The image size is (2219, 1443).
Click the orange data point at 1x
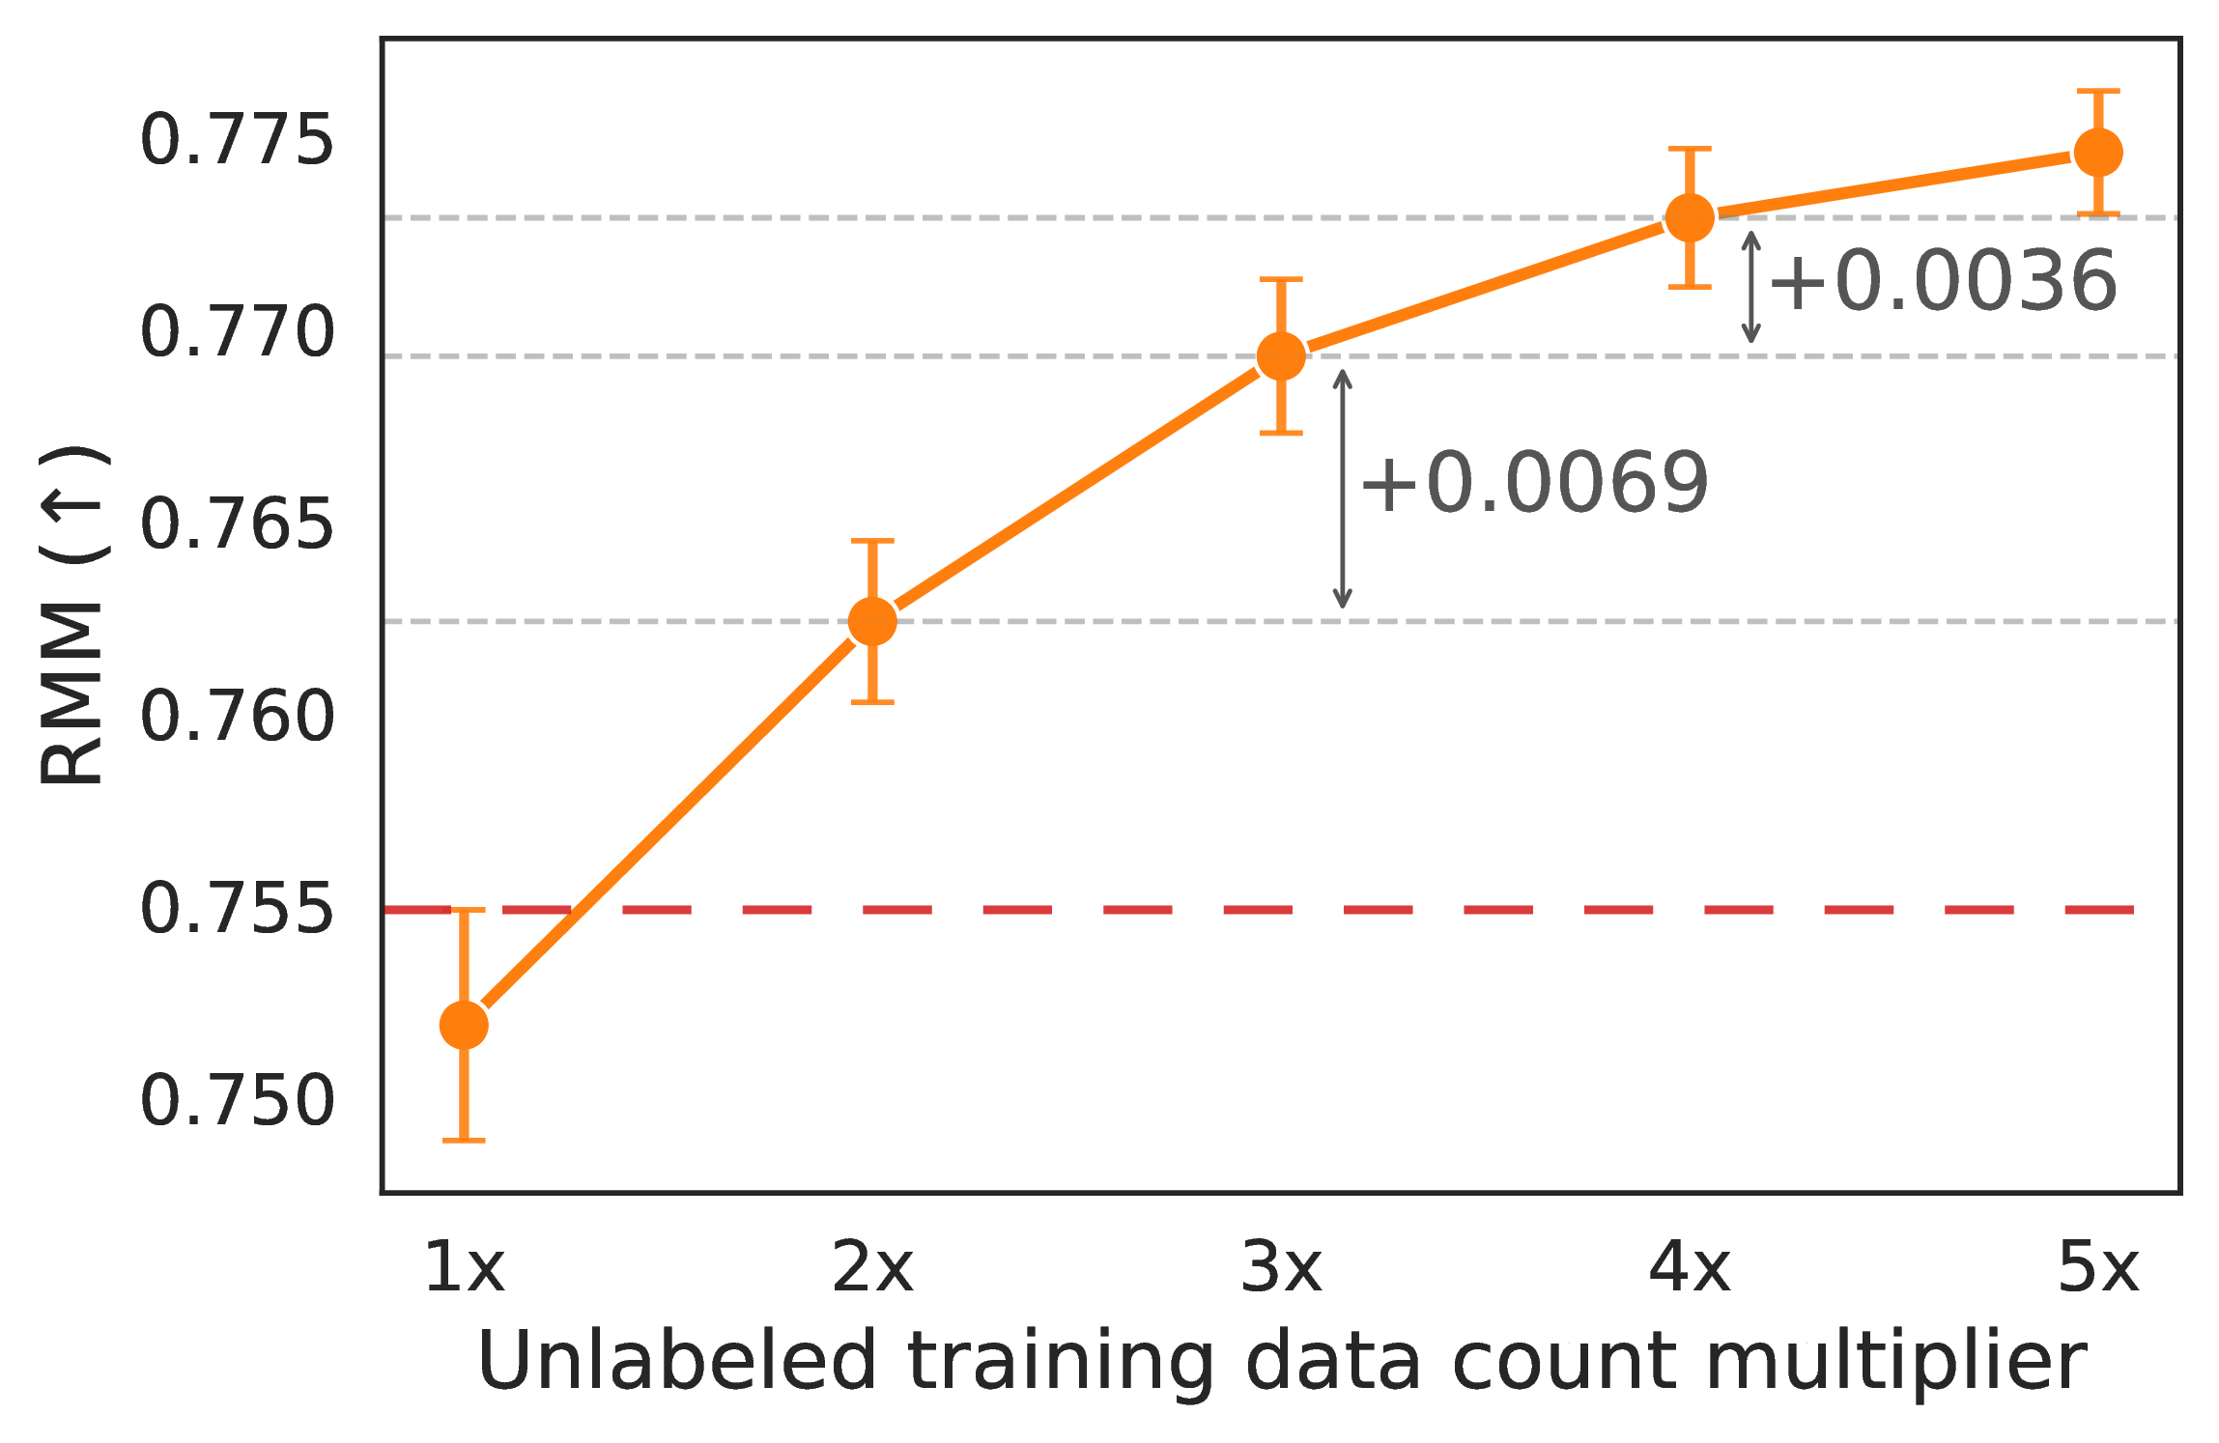(464, 1025)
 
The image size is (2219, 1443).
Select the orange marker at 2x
(872, 621)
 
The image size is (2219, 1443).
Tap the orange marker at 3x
(1281, 356)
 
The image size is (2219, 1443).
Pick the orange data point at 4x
(1690, 218)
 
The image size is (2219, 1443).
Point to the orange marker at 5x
(2098, 153)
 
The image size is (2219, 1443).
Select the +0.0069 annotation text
(1535, 483)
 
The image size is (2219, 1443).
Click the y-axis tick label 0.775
(238, 141)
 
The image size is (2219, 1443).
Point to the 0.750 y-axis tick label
(238, 1101)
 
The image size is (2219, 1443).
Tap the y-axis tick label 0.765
(238, 525)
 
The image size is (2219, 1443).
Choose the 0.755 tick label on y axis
(238, 910)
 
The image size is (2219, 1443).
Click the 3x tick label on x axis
(1281, 1267)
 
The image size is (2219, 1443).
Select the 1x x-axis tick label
(464, 1267)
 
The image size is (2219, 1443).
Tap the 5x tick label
(2098, 1267)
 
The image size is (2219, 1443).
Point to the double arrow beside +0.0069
(1342, 489)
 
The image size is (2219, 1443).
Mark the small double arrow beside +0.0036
(1750, 287)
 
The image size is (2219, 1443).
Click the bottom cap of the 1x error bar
(464, 1141)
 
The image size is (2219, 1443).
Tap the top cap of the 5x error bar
(2098, 92)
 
